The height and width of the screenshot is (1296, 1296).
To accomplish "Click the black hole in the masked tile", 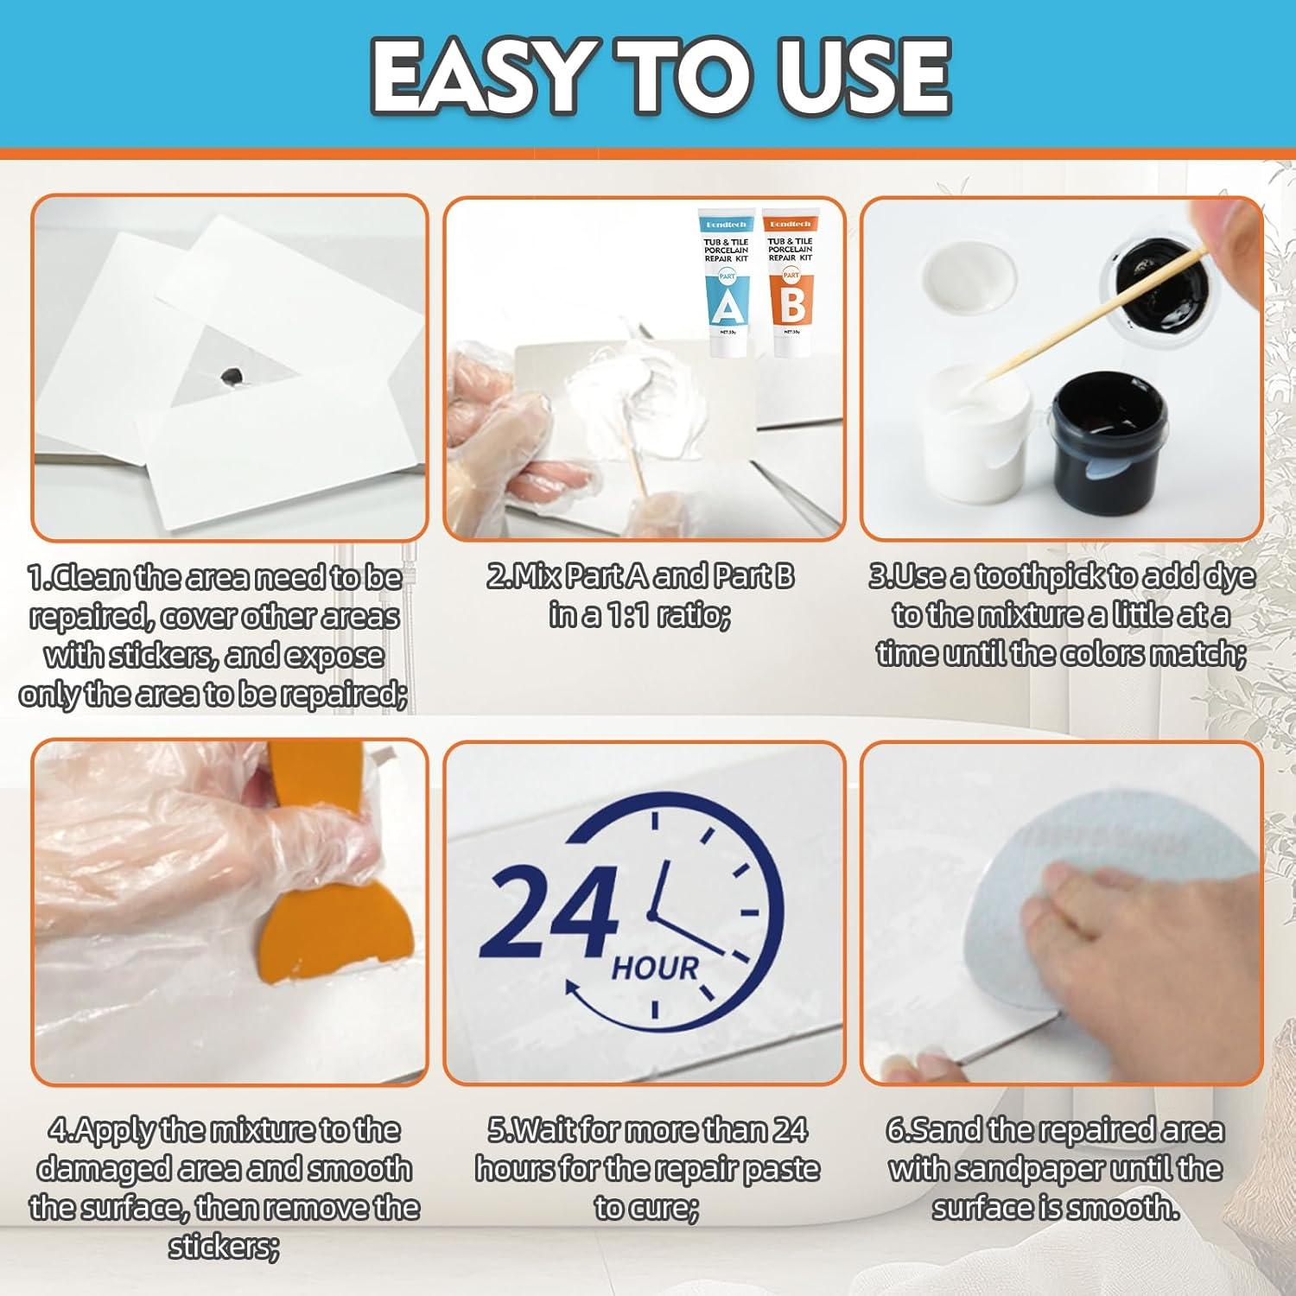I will [232, 375].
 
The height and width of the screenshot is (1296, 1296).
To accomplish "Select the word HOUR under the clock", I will [654, 969].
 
